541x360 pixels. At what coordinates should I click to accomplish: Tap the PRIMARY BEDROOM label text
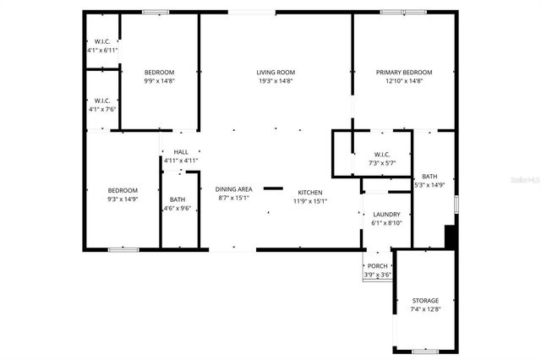point(404,73)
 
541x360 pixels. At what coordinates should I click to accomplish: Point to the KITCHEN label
point(309,193)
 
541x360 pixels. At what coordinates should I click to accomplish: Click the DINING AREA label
point(233,189)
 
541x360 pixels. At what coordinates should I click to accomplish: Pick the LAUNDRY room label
point(386,215)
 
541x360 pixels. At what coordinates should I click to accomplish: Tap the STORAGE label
point(425,301)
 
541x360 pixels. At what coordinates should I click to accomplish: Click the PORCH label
point(377,266)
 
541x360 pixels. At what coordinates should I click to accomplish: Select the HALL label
point(181,151)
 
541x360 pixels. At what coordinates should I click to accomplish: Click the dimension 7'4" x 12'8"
point(425,309)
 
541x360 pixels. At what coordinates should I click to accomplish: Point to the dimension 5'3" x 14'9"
point(429,184)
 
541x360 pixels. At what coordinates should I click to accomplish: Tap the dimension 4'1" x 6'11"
point(102,51)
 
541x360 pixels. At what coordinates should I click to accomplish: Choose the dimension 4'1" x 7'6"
point(102,109)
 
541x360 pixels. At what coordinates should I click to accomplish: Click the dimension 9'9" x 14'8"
point(159,81)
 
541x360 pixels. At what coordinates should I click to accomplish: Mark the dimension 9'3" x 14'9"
point(122,199)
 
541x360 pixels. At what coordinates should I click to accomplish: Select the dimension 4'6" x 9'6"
point(178,208)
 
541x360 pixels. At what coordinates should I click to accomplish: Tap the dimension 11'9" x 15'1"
point(309,201)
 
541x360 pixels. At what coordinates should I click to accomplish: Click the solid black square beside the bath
point(450,236)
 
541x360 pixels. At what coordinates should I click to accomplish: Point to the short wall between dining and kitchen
point(273,188)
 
